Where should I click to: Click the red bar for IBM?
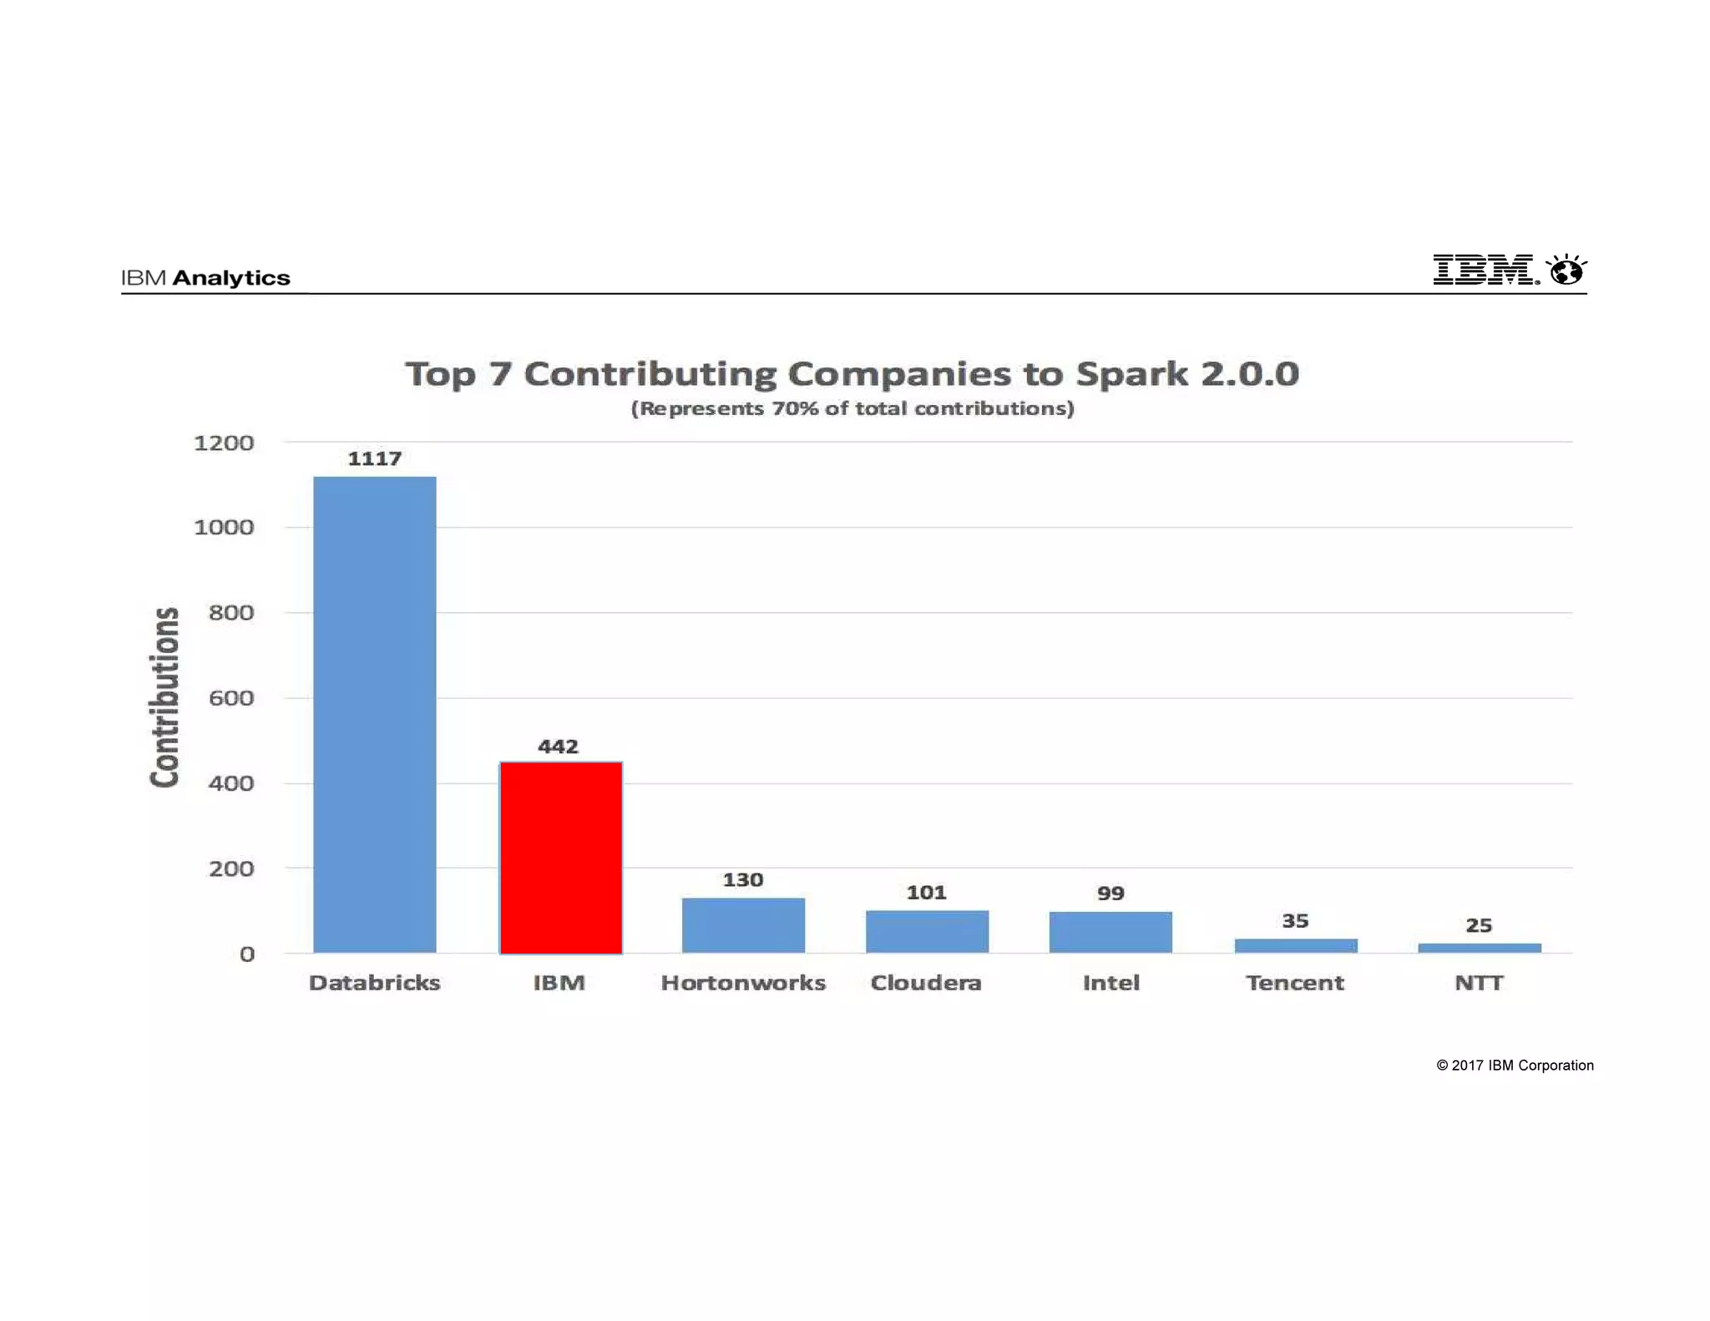click(x=560, y=858)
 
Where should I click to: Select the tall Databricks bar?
click(x=374, y=714)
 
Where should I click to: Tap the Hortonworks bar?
click(x=743, y=925)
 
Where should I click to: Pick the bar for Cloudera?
click(x=927, y=931)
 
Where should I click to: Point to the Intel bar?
click(x=1110, y=932)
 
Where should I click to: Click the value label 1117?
click(x=374, y=458)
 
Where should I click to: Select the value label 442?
click(x=558, y=747)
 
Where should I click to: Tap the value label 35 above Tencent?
click(x=1295, y=921)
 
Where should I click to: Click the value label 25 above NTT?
click(x=1479, y=925)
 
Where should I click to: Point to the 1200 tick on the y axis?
click(x=224, y=443)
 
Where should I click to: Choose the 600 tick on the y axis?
click(x=231, y=698)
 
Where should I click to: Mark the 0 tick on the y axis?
click(x=247, y=954)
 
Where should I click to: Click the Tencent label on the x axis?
click(x=1295, y=983)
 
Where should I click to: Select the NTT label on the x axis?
click(x=1479, y=983)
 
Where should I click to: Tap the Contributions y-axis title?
click(x=164, y=697)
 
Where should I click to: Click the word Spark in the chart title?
click(x=1131, y=373)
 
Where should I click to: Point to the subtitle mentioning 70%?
click(x=852, y=408)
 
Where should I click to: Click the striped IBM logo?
click(x=1484, y=270)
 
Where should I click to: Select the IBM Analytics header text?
click(x=205, y=278)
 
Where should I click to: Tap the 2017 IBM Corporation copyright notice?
click(x=1515, y=1065)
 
